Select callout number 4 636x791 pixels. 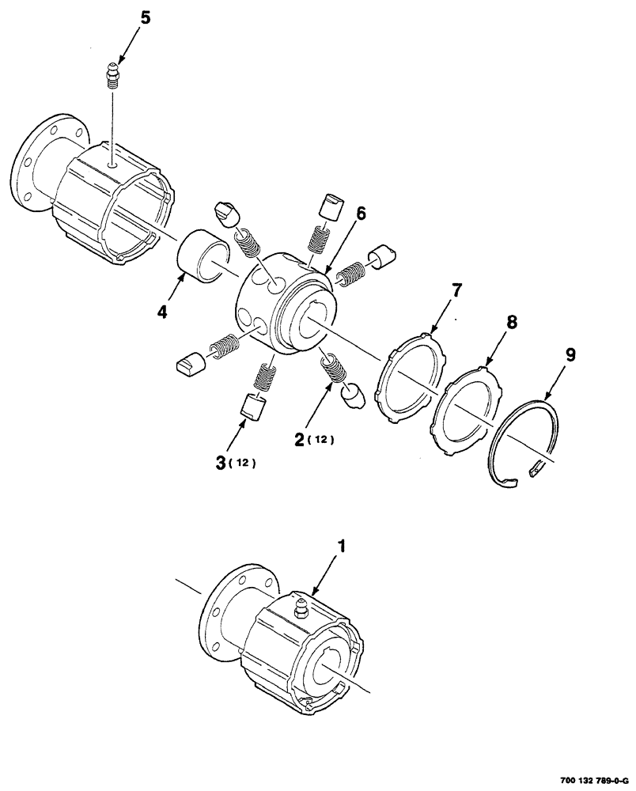point(161,312)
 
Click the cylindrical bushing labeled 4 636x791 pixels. point(203,252)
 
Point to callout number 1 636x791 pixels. point(342,546)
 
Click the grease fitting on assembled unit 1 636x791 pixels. point(301,609)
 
